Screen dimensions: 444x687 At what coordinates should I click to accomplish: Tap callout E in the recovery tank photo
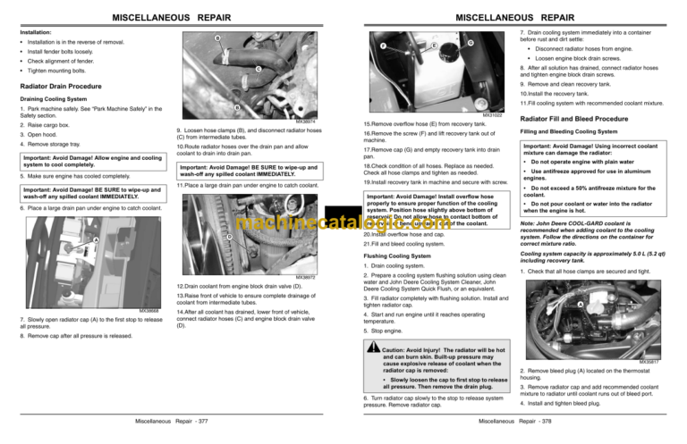pos(434,46)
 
